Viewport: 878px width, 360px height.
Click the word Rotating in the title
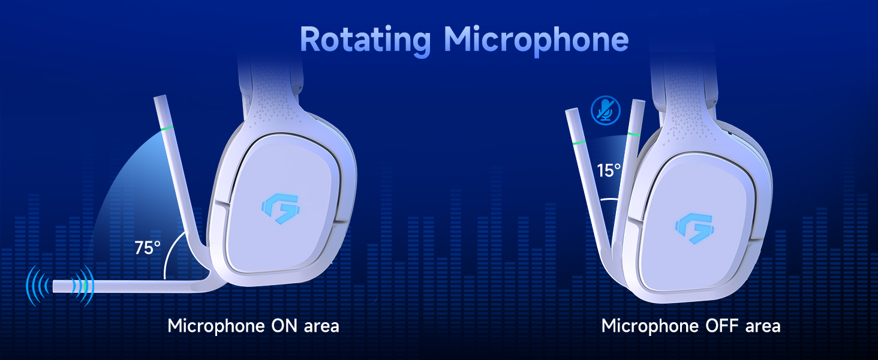point(365,40)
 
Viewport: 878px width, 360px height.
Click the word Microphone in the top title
point(536,40)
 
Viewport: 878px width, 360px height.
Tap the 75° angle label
point(148,247)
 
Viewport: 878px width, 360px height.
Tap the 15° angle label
point(609,170)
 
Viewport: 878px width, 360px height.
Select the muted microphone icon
point(605,110)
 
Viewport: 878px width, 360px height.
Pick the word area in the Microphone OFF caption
point(763,326)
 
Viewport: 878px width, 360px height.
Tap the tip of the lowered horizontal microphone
point(58,286)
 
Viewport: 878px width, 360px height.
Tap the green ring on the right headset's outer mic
point(579,143)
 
